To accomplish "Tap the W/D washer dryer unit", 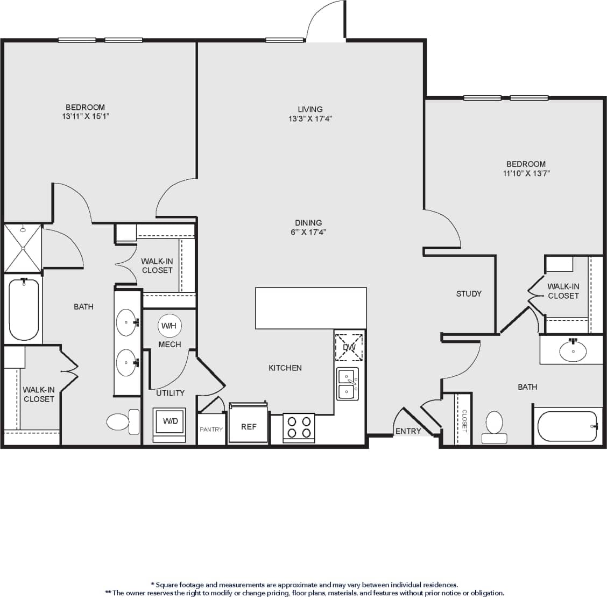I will click(170, 422).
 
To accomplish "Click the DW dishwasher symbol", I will click(349, 347).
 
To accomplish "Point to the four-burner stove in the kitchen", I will click(299, 427).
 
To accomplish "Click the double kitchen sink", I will click(348, 384).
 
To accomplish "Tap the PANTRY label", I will click(211, 430).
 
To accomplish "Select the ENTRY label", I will click(408, 431).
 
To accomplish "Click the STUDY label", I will click(469, 294).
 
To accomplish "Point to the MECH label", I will click(170, 345).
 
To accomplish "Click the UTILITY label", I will click(171, 393).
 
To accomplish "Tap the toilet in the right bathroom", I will click(494, 426).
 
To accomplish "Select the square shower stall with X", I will click(23, 248).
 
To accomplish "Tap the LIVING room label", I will click(310, 109).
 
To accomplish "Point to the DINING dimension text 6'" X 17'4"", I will click(308, 232).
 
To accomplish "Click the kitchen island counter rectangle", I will click(310, 308).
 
